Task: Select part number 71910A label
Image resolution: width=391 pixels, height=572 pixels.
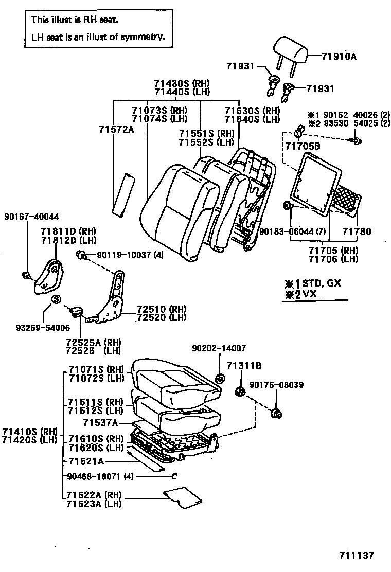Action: pos(339,56)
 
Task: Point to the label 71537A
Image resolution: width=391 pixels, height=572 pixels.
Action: pos(101,423)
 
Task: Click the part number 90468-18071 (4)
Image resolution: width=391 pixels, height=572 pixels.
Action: pos(100,476)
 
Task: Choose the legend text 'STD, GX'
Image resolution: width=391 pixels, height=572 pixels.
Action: pos(322,283)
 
